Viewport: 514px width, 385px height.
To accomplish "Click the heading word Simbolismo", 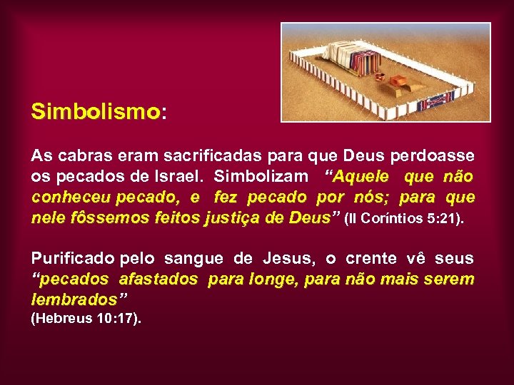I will point(95,112).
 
